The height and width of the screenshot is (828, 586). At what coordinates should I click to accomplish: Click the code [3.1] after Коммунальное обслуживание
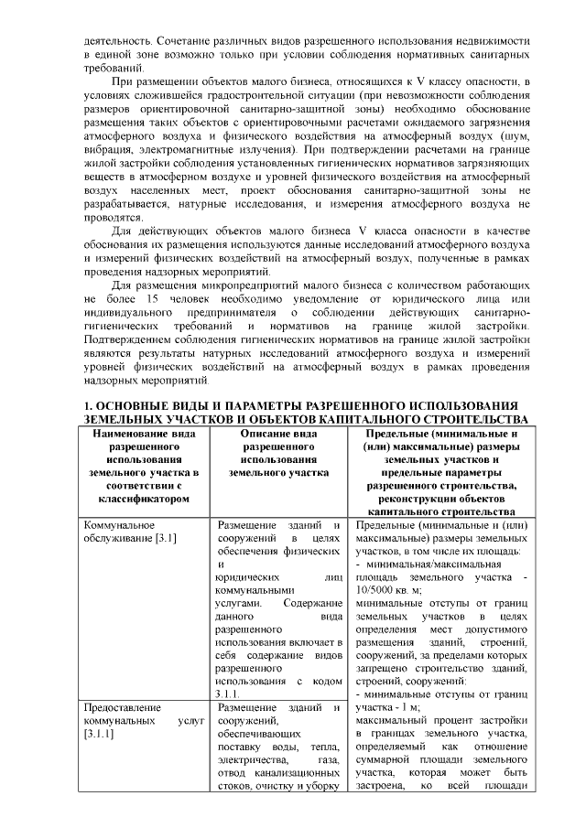point(164,539)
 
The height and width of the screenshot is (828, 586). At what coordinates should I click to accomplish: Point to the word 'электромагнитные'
point(194,148)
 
